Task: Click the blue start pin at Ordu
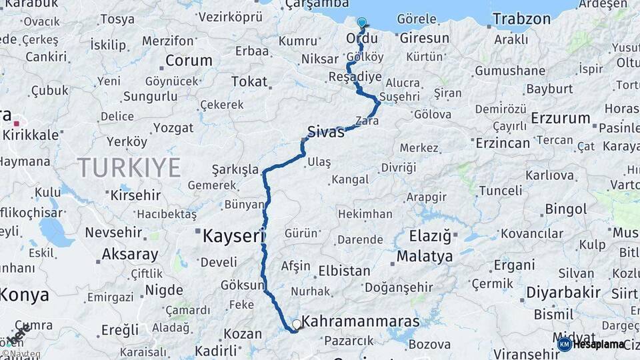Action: [361, 23]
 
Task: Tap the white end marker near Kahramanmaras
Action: [297, 324]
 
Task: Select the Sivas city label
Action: [326, 131]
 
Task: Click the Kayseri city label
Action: [234, 236]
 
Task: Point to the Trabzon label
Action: [522, 19]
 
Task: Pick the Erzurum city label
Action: [561, 119]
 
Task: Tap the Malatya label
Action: [425, 256]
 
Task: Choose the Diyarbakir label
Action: [563, 293]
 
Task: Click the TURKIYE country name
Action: [129, 167]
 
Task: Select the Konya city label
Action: [25, 295]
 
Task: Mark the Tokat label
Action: [249, 82]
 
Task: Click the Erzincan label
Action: [502, 143]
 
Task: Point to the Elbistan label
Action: [345, 271]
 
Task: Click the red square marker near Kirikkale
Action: [16, 123]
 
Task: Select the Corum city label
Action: [189, 61]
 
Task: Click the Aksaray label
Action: [130, 254]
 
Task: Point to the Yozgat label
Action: [173, 128]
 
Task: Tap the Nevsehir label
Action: [113, 233]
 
